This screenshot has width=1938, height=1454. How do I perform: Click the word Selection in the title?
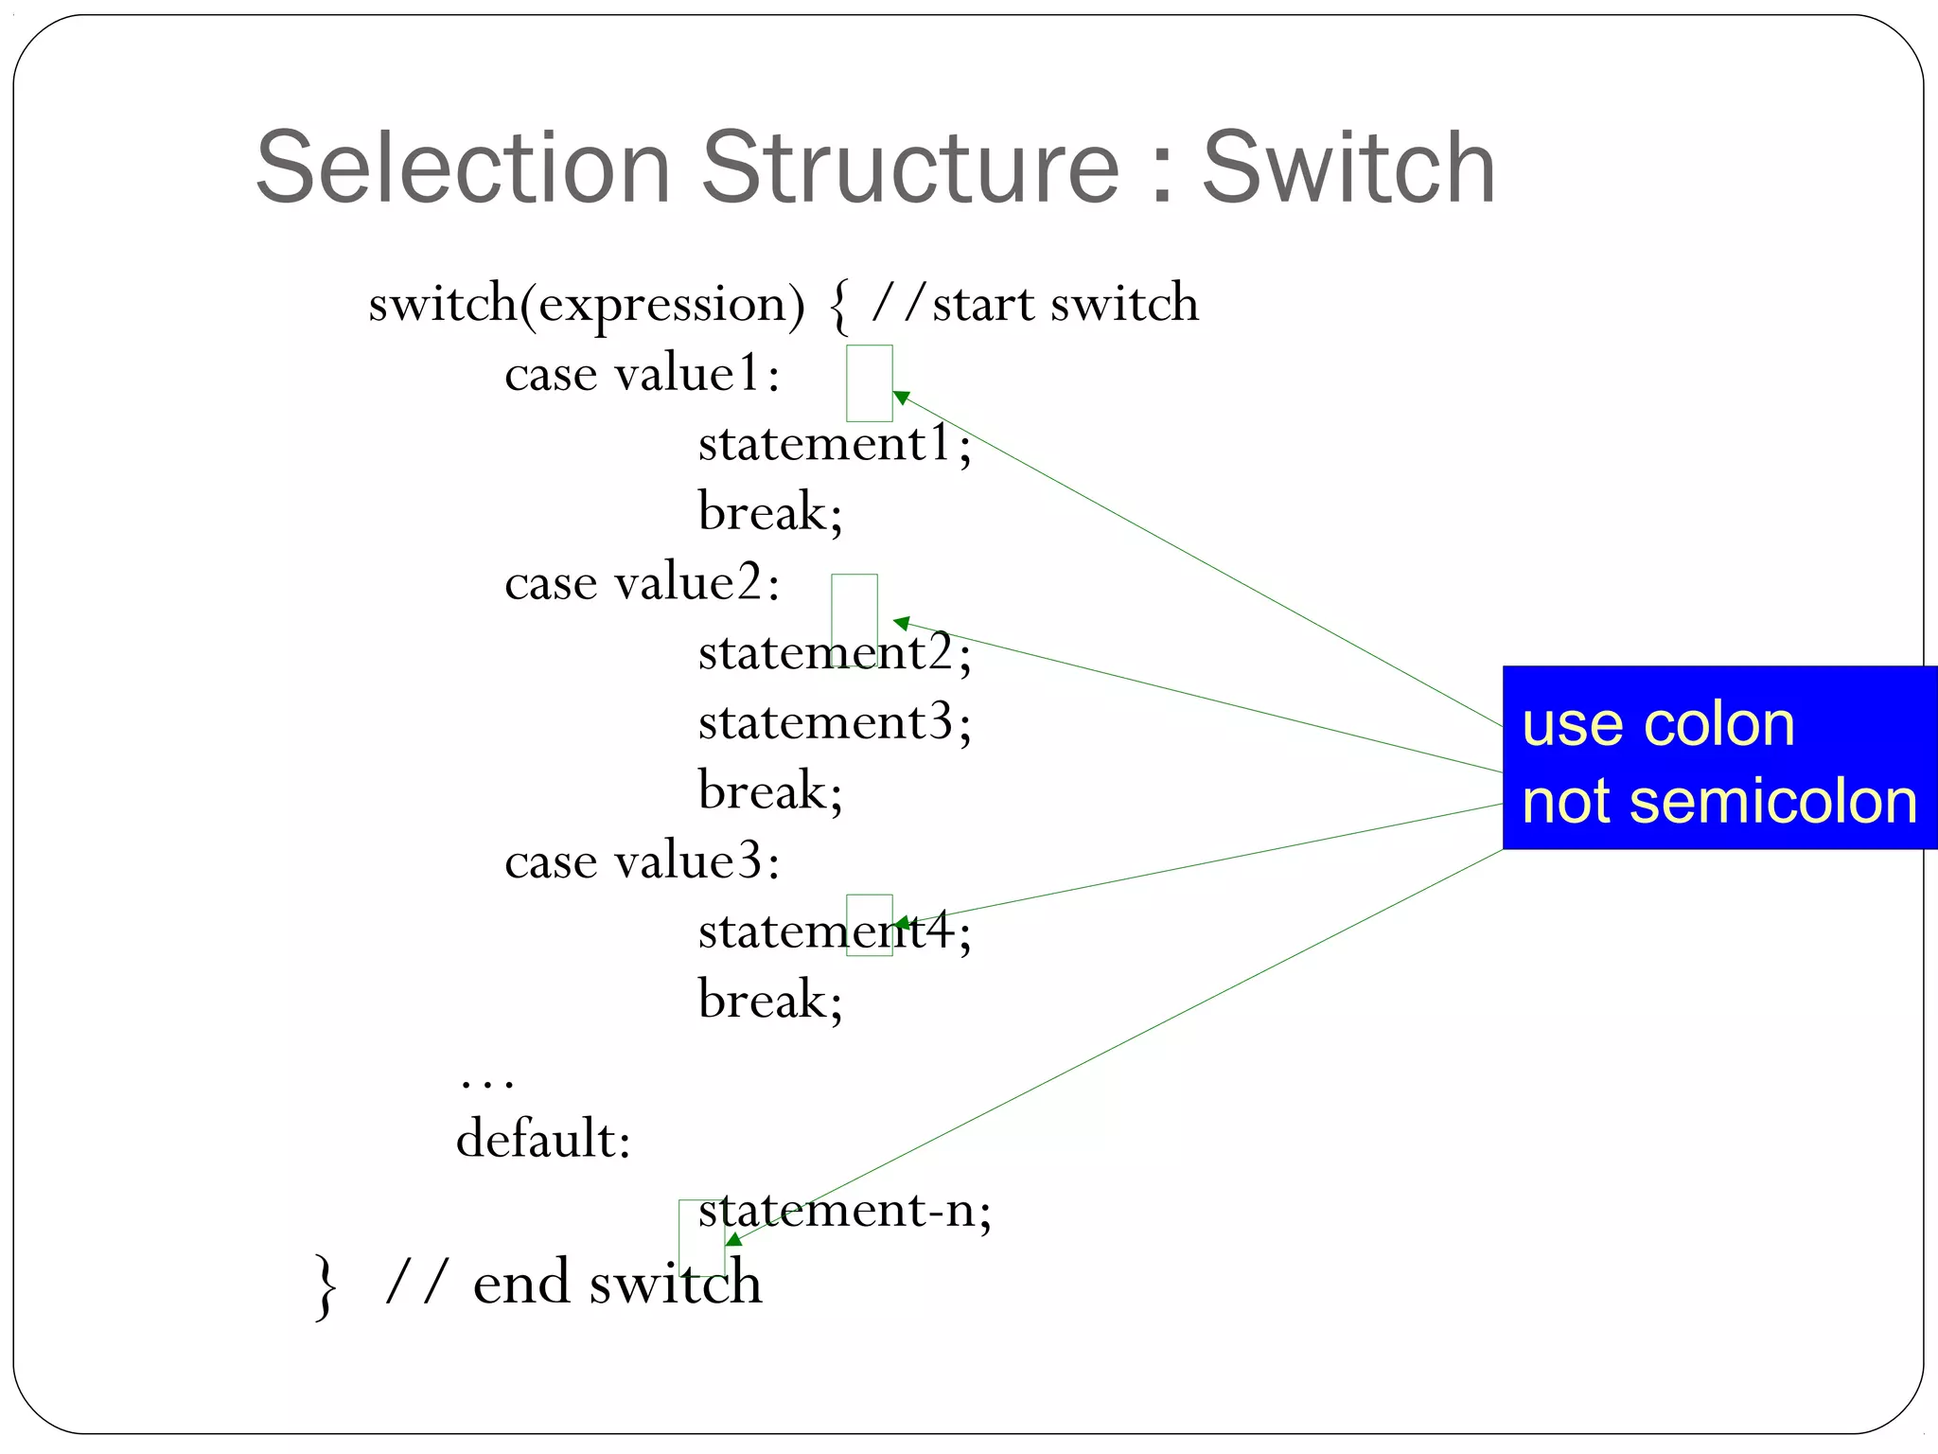coord(464,168)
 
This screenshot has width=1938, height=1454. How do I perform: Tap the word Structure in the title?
coord(910,168)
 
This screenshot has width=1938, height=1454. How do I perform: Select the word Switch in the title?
coord(1348,168)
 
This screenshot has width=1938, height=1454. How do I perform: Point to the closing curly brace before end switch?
coord(326,1286)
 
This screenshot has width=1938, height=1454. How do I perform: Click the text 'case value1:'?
coord(643,374)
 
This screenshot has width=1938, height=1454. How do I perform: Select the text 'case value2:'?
coord(643,583)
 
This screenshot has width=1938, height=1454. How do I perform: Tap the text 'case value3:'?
coord(643,861)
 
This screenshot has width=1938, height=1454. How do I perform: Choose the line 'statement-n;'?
coord(844,1211)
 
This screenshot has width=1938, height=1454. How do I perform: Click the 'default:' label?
coord(543,1139)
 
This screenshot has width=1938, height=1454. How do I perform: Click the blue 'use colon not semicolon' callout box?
coord(1718,757)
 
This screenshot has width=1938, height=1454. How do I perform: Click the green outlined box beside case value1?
coord(869,382)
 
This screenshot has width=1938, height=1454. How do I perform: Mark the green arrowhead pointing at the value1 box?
coord(901,398)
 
